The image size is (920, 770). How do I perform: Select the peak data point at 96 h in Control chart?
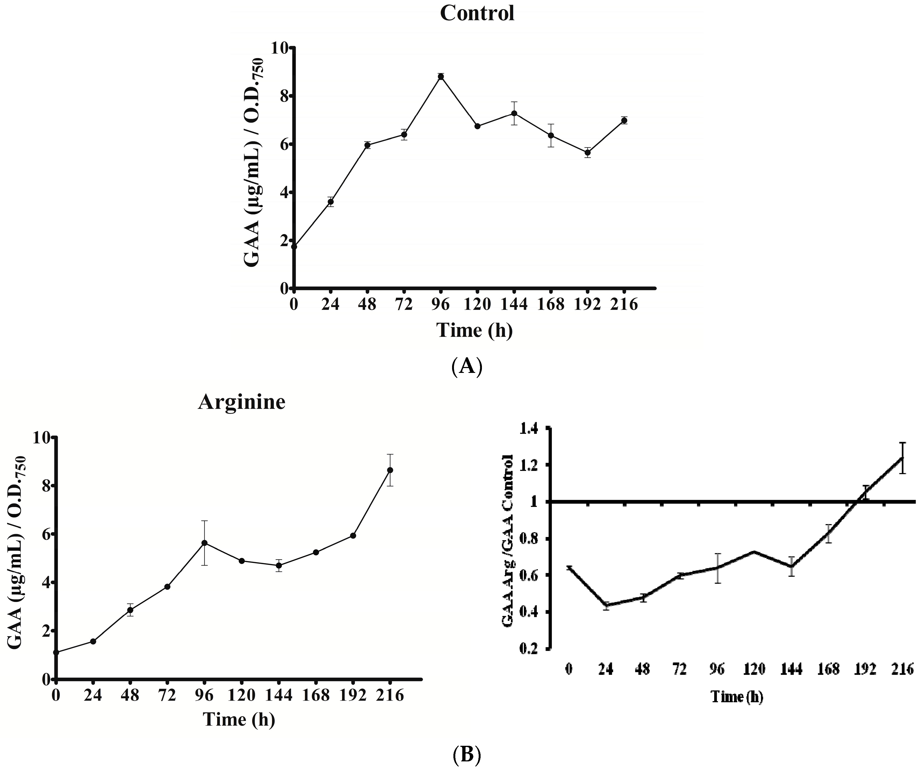point(441,77)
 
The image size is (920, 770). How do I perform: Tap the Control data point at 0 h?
point(294,247)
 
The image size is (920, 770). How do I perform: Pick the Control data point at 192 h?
point(587,153)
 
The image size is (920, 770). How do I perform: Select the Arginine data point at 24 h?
point(93,641)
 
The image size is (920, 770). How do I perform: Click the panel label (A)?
point(466,365)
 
